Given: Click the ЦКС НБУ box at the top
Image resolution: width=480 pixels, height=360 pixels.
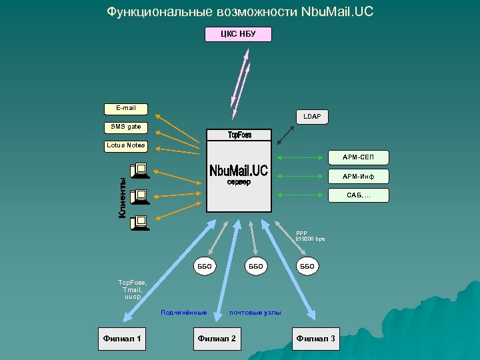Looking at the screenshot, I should pyautogui.click(x=238, y=34).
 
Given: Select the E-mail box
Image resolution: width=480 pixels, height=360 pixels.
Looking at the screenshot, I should pyautogui.click(x=125, y=108).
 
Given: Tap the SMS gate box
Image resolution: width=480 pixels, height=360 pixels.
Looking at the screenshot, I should pyautogui.click(x=125, y=127).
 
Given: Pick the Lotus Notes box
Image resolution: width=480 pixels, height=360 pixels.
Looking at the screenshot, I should pyautogui.click(x=125, y=145).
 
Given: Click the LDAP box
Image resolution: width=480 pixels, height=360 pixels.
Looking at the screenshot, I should pyautogui.click(x=311, y=117).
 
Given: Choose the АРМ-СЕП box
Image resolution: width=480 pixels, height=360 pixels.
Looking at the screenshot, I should pyautogui.click(x=359, y=158).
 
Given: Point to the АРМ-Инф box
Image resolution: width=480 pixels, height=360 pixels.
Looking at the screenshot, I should pyautogui.click(x=359, y=177).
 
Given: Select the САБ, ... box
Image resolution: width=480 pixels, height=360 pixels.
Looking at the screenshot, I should pyautogui.click(x=359, y=195).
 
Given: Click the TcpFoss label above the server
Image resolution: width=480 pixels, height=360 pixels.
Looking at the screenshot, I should pyautogui.click(x=239, y=135).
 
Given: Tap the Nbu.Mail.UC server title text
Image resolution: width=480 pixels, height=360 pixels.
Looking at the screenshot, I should pyautogui.click(x=239, y=171).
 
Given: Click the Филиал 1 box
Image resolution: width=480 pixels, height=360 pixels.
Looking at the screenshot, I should pyautogui.click(x=121, y=339).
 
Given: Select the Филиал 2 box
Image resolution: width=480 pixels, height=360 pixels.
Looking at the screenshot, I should pyautogui.click(x=217, y=339).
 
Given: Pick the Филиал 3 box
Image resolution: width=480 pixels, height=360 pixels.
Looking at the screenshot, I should pyautogui.click(x=316, y=339).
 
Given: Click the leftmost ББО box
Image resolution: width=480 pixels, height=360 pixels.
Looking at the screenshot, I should pyautogui.click(x=204, y=266).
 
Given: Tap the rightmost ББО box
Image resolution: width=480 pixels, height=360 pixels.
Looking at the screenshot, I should pyautogui.click(x=307, y=266).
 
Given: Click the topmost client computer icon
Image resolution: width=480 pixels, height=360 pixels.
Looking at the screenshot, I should pyautogui.click(x=140, y=171).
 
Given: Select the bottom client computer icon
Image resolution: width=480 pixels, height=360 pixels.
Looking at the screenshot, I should pyautogui.click(x=140, y=222).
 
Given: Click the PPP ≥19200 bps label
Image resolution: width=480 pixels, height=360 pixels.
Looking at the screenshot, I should pyautogui.click(x=310, y=236).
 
